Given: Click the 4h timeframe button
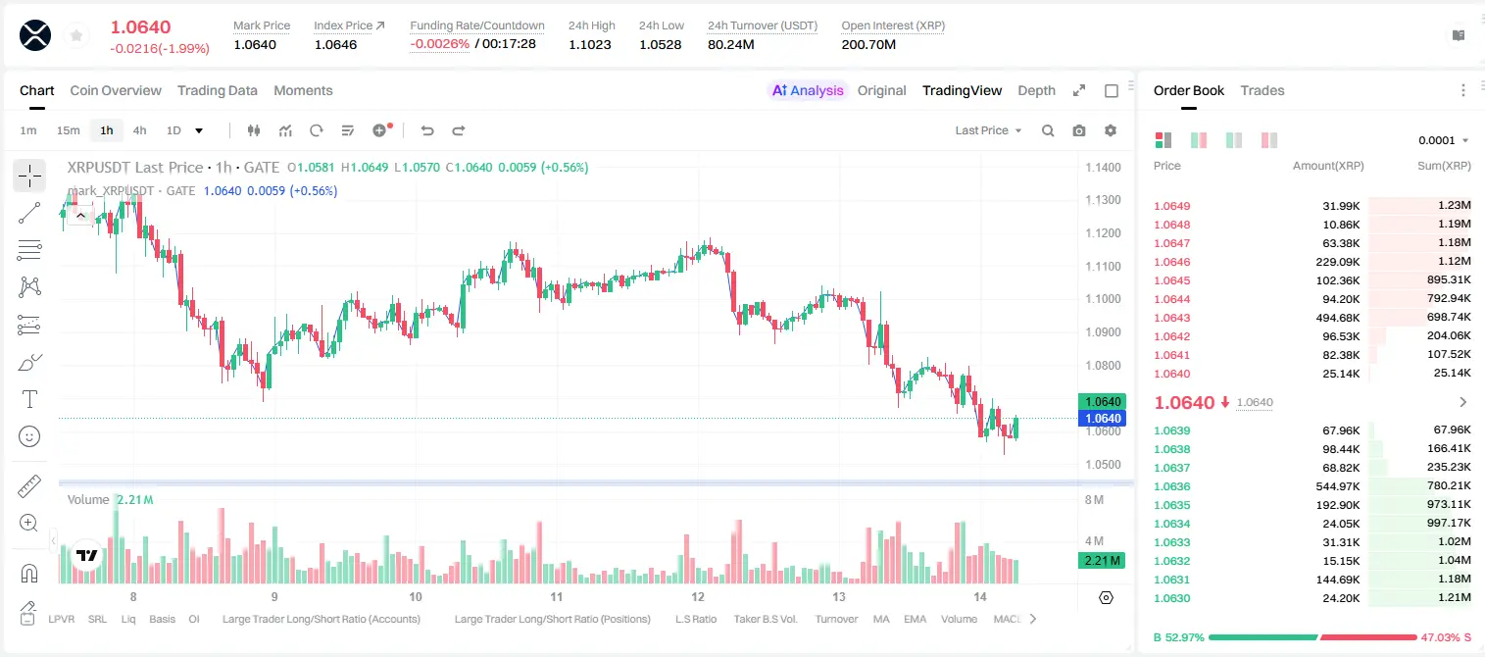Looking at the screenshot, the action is pos(139,130).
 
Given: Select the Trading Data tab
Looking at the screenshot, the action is pos(217,90).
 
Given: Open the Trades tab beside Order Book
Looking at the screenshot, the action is pos(1262,90).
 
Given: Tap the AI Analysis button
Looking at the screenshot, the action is pos(808,90).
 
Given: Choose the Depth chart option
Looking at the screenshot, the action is pos(1036,90).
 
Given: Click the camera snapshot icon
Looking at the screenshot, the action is pos(1079,130).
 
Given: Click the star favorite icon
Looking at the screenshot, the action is pos(76,35).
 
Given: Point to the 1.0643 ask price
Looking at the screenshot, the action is pos(1172,318).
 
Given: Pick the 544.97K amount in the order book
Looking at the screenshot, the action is pos(1338,486).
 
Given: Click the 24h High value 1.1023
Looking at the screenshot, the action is pos(589,44).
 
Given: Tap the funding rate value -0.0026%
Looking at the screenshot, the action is pos(439,44).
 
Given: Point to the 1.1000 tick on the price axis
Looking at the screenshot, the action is pos(1103,299).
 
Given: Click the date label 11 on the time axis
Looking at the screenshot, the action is pos(556,596).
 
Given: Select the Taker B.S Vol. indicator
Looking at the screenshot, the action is pos(765,619).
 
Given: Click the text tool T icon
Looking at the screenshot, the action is pos(29,399).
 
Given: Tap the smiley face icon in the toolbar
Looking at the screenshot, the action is pos(29,436).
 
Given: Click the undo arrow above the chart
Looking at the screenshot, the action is pos(427,130).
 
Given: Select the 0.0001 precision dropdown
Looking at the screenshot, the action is pos(1443,140).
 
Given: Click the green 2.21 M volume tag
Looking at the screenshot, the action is pos(1101,561).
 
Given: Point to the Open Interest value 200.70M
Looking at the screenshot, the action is pos(868,44).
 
